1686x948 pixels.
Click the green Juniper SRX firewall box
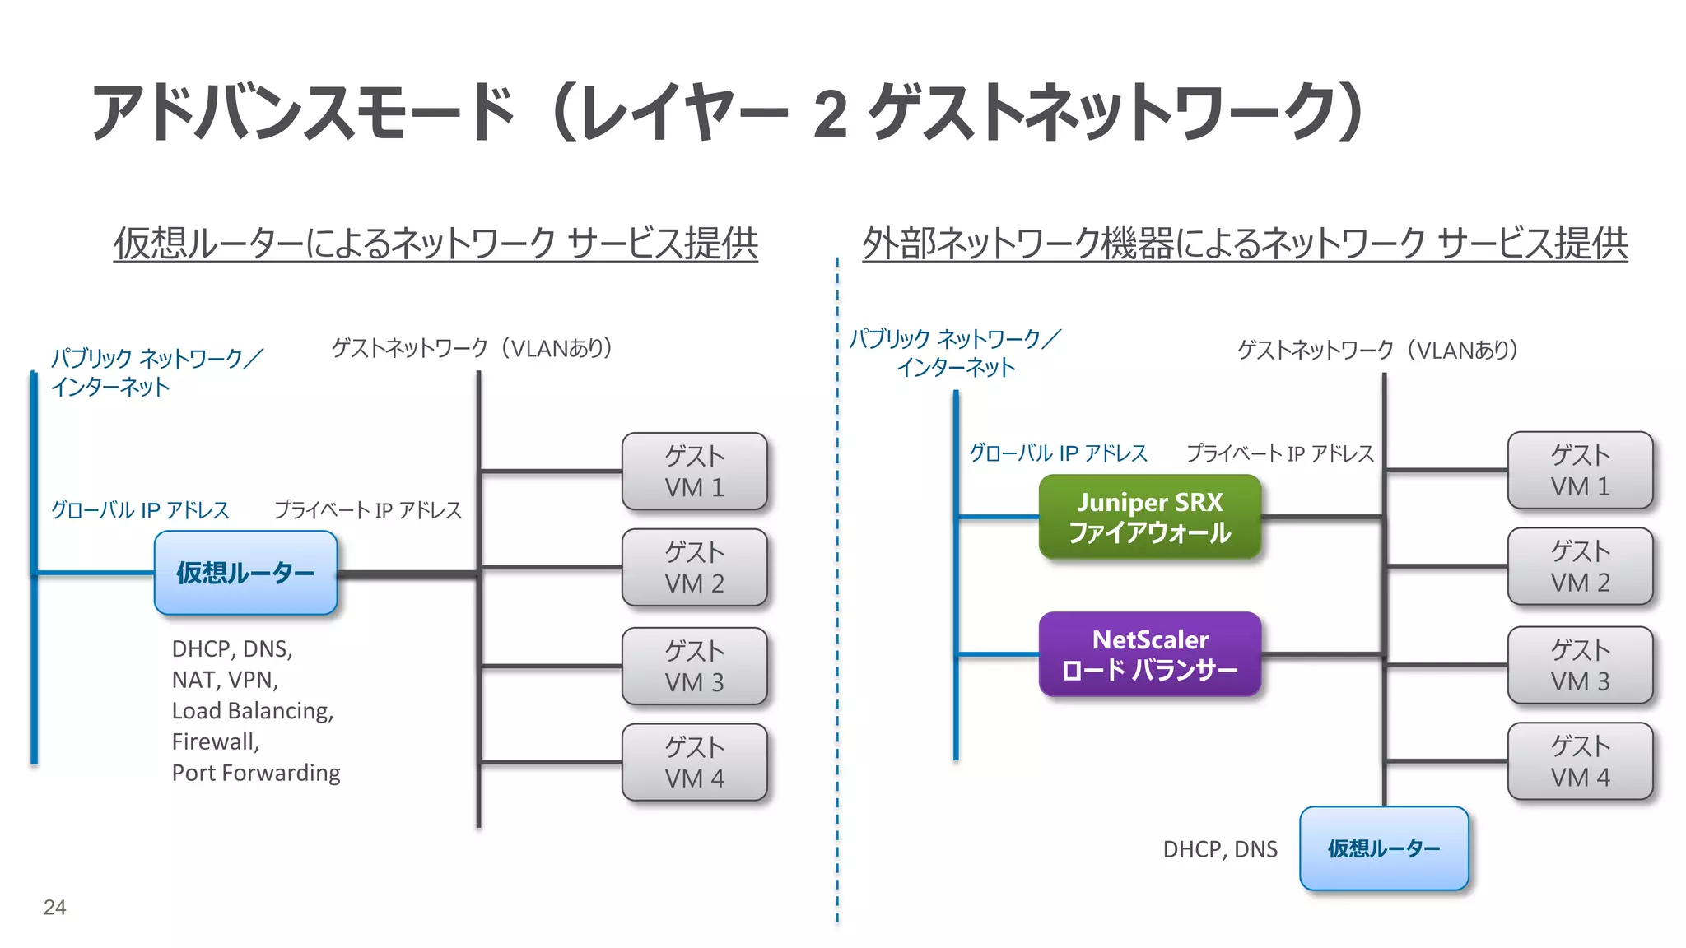(x=1149, y=517)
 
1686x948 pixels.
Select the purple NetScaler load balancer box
(x=1149, y=654)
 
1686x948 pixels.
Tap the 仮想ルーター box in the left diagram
(x=245, y=573)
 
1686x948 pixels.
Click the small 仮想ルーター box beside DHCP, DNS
(x=1383, y=848)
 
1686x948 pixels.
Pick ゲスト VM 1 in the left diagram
(x=694, y=472)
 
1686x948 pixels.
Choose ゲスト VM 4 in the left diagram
(x=694, y=762)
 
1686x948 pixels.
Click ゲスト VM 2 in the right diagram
(x=1579, y=566)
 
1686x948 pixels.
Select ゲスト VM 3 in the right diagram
(x=1579, y=665)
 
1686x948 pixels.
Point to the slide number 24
(x=54, y=907)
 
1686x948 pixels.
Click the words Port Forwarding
(x=255, y=773)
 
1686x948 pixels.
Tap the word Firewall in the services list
(x=214, y=741)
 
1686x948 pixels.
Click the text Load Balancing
(x=252, y=710)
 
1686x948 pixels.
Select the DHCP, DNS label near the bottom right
(x=1219, y=849)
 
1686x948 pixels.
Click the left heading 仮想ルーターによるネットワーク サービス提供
(x=435, y=244)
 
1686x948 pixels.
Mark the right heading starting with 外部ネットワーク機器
(x=1244, y=244)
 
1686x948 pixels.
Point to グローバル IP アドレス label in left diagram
(x=140, y=510)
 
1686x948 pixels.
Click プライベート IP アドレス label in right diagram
(x=1279, y=453)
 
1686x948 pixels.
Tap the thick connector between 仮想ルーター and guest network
(x=408, y=574)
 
